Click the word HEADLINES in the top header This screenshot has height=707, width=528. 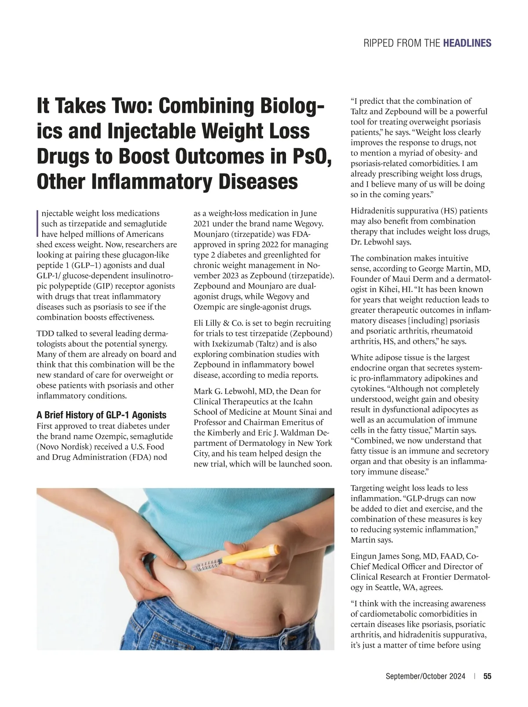click(467, 43)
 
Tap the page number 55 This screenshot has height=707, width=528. click(488, 677)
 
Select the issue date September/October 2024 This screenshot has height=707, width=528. click(425, 677)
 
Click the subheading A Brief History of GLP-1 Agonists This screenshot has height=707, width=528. click(101, 415)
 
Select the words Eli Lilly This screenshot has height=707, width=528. click(209, 323)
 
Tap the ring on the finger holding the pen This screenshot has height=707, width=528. click(264, 581)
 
